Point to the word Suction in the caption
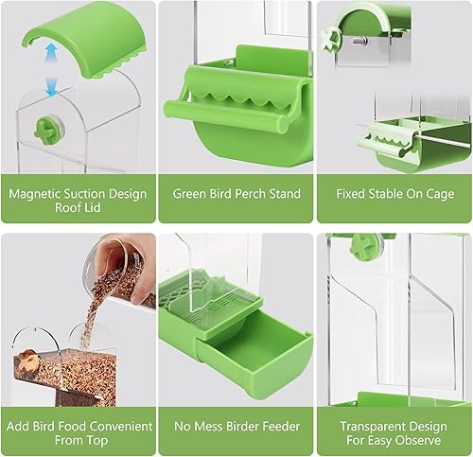point(96,194)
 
